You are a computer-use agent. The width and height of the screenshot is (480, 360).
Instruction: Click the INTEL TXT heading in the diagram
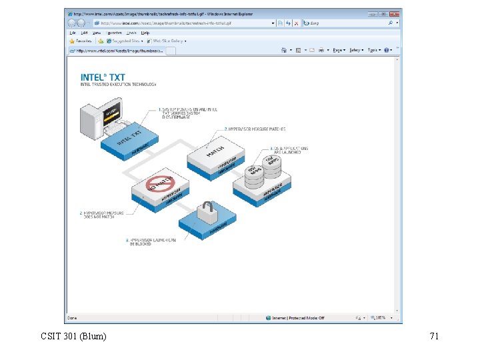tap(103, 77)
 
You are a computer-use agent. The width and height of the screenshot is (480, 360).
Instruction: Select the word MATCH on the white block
tap(215, 151)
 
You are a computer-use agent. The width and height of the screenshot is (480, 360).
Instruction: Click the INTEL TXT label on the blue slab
tap(131, 138)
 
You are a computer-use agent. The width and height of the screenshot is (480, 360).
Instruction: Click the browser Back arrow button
tap(71, 23)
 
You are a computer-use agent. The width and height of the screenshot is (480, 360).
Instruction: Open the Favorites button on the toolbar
tap(81, 41)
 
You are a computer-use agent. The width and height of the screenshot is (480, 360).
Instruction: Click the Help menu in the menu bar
tap(145, 32)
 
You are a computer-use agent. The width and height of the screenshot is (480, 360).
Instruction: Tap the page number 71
tap(434, 337)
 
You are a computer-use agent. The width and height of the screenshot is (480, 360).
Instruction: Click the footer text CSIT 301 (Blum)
tap(73, 337)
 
